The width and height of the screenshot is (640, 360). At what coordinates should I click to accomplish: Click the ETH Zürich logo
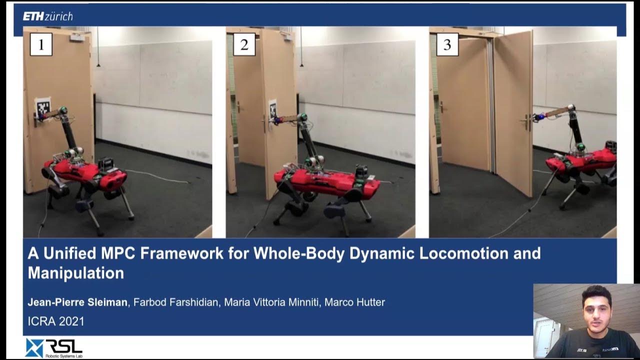tap(47, 16)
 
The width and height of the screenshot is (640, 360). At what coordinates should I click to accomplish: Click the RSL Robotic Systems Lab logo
tap(53, 347)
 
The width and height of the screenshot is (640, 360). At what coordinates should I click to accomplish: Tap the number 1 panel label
tap(41, 45)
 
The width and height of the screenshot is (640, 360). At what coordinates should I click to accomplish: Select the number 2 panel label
tap(244, 45)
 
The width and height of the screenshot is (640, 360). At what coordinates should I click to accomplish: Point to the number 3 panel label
tap(447, 45)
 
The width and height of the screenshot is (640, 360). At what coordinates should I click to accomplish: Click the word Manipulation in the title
tap(76, 273)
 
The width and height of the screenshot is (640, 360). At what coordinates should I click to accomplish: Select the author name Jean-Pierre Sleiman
tap(77, 302)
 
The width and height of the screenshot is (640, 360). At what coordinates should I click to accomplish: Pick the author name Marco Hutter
tap(354, 302)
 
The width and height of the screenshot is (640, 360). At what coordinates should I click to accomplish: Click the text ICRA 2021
tap(56, 321)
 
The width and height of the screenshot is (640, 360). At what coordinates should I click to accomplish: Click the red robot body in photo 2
tap(320, 181)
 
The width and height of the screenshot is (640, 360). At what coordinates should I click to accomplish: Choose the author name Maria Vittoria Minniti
tap(270, 302)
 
